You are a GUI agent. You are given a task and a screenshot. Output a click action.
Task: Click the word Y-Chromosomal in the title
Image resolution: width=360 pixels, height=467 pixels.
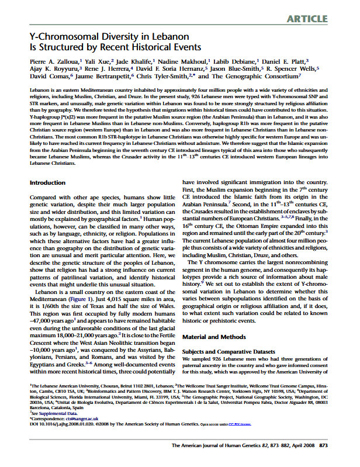click(59, 36)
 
